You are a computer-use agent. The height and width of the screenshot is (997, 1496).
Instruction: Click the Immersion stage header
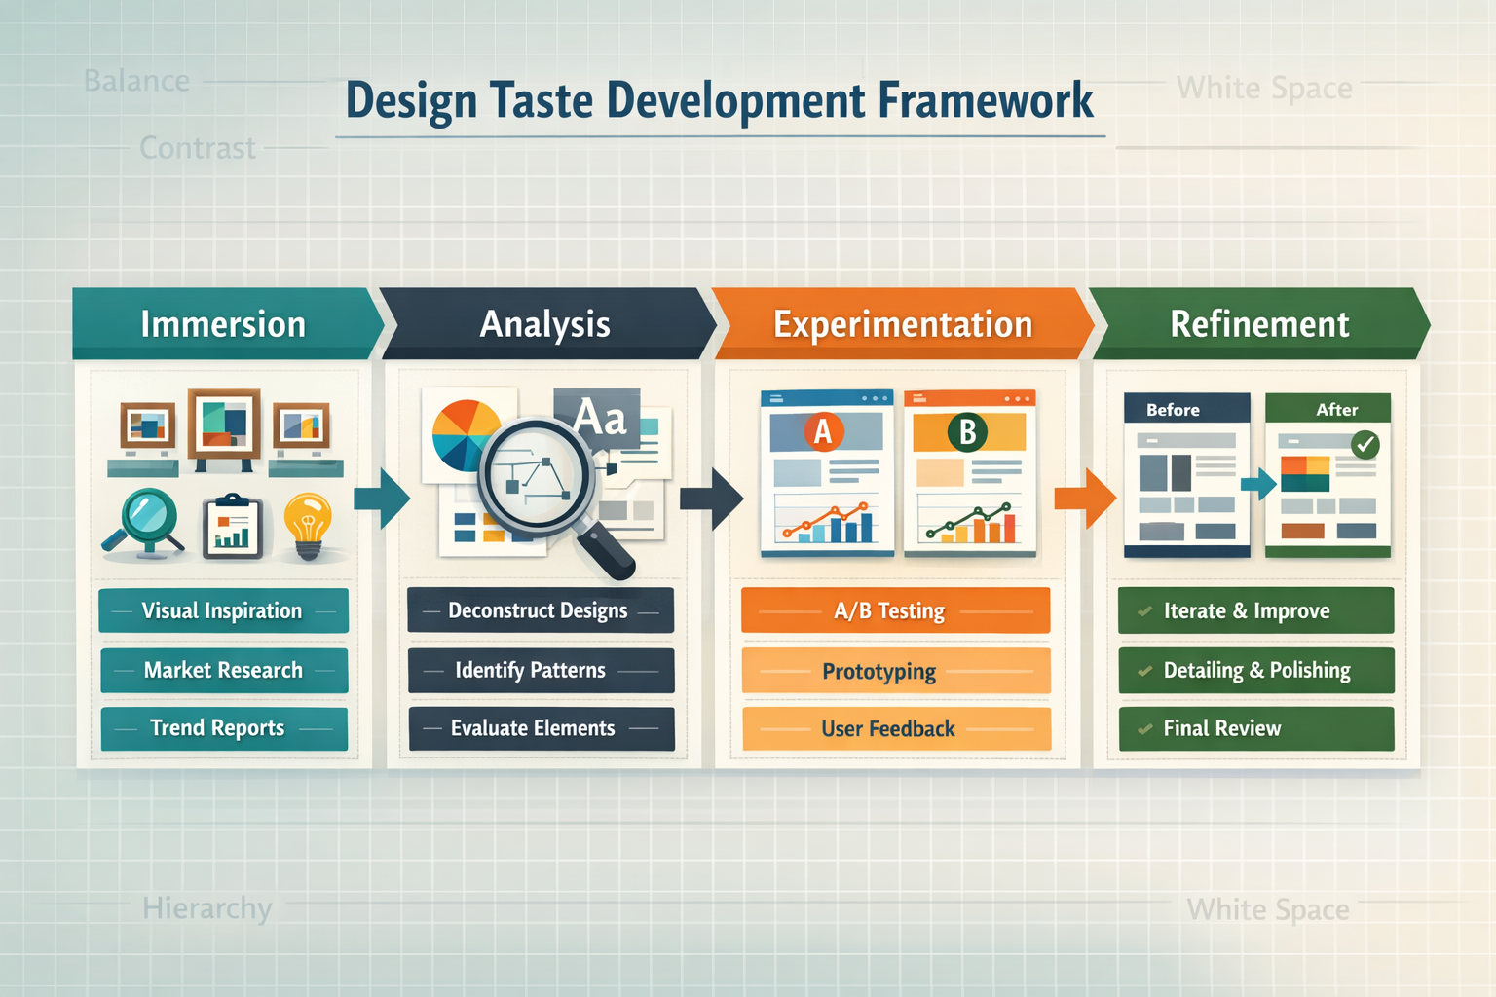click(x=223, y=324)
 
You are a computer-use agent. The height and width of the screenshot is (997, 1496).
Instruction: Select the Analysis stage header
click(x=545, y=324)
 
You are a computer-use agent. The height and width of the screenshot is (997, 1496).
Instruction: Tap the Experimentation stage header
click(x=902, y=324)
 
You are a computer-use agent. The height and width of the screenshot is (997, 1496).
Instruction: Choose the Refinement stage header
click(x=1259, y=324)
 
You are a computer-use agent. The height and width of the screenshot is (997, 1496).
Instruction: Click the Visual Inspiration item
click(x=223, y=610)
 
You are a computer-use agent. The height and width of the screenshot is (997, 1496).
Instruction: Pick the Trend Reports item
click(x=223, y=728)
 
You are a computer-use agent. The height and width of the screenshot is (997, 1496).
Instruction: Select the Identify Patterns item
click(x=541, y=670)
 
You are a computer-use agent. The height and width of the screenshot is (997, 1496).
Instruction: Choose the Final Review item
click(x=1255, y=728)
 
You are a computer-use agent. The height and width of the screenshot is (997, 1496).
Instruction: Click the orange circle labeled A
click(x=823, y=430)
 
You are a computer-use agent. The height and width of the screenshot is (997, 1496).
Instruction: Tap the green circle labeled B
click(x=967, y=431)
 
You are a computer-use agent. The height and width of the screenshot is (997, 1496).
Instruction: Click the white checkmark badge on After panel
click(x=1365, y=445)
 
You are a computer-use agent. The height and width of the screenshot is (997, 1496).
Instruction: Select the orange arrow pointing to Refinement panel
click(x=1084, y=498)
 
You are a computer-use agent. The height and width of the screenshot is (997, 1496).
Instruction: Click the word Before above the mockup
click(x=1173, y=410)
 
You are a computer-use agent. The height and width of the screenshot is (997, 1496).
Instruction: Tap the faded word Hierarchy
click(x=206, y=908)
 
